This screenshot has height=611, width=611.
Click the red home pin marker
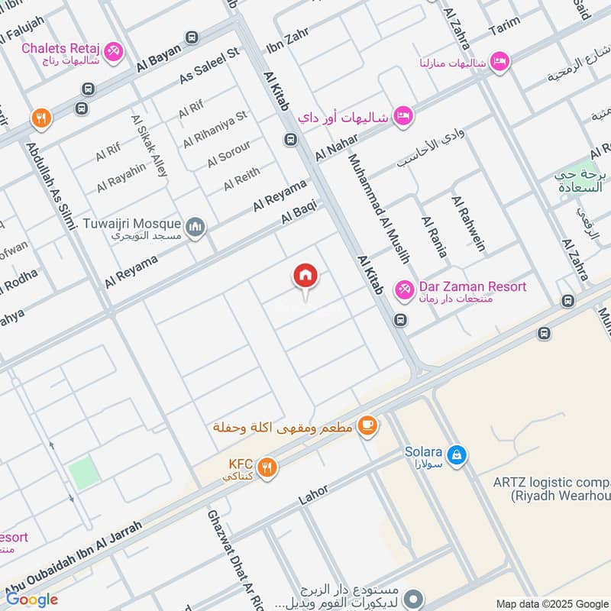(305, 276)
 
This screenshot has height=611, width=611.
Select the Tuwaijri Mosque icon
(196, 228)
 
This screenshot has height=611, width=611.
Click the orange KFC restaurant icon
(266, 467)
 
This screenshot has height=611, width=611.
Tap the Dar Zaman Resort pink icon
(403, 290)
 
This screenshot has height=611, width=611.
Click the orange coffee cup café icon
(367, 425)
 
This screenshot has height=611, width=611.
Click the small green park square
(84, 471)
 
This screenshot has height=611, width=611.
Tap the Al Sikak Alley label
(149, 146)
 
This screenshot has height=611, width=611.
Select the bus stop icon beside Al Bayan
(191, 37)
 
